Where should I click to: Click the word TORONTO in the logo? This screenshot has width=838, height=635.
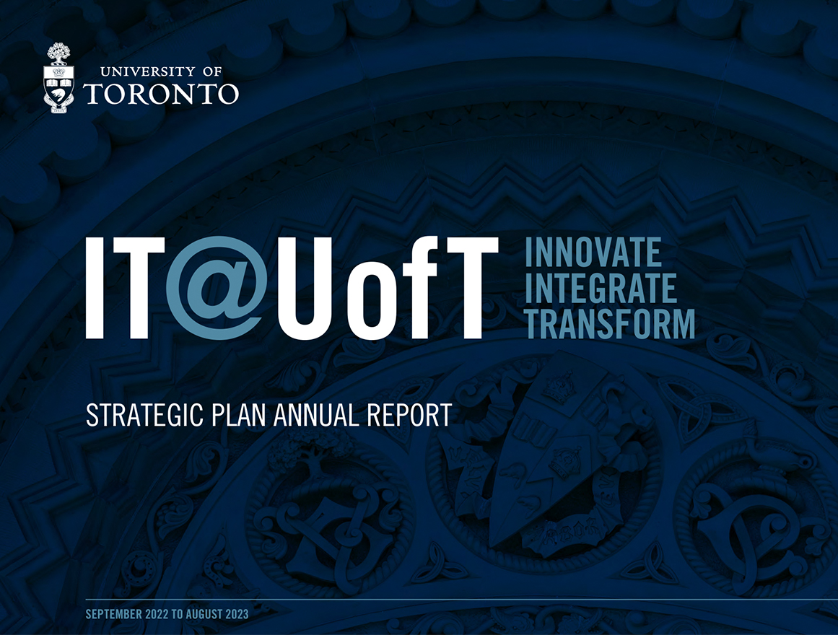(161, 94)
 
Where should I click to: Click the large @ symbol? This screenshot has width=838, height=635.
(214, 288)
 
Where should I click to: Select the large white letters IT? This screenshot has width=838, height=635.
(125, 288)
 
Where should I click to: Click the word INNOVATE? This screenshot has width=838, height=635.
(593, 253)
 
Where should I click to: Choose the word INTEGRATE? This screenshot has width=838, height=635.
(601, 288)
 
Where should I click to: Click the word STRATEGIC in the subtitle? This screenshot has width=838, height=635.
(145, 416)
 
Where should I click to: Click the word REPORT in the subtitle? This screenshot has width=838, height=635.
(409, 416)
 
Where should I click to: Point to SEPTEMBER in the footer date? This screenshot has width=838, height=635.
(114, 614)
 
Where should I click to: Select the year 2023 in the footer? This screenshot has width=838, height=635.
(237, 614)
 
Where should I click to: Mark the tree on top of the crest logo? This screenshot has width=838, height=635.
(58, 53)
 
